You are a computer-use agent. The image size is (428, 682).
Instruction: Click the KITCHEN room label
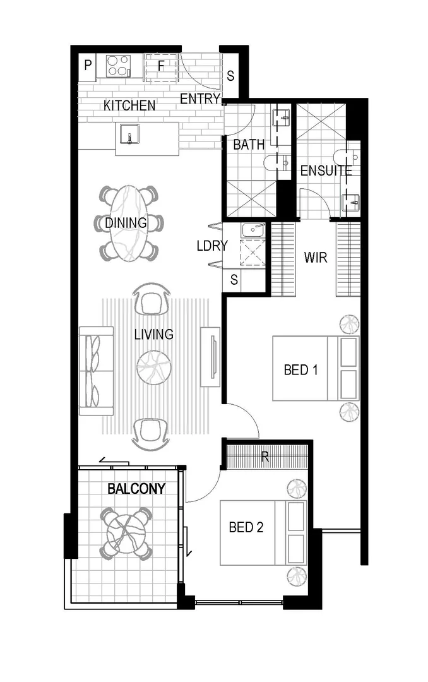point(129,105)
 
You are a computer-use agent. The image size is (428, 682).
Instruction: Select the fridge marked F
point(160,65)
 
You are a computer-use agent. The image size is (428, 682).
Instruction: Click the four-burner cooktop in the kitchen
point(117,64)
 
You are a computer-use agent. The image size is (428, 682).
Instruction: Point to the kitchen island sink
point(131,136)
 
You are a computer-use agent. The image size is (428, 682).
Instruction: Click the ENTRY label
point(200,99)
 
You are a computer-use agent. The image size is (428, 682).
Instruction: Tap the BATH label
point(249,145)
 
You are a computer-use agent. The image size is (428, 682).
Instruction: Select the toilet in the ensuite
point(348,158)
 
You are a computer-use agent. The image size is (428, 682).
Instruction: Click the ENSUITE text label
point(326,170)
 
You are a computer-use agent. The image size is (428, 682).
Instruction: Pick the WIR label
point(316,258)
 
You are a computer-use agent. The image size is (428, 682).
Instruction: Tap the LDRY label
point(211,246)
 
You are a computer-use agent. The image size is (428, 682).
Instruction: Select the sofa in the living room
point(95,371)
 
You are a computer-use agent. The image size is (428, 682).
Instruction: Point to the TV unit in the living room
point(210,356)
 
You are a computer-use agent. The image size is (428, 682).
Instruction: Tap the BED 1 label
point(300,369)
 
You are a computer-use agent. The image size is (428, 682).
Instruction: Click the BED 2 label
point(246,527)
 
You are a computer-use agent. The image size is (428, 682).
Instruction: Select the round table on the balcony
point(126,531)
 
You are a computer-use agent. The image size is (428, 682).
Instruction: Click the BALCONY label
point(136,489)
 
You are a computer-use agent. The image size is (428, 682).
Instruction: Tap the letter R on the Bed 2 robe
point(265,457)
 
